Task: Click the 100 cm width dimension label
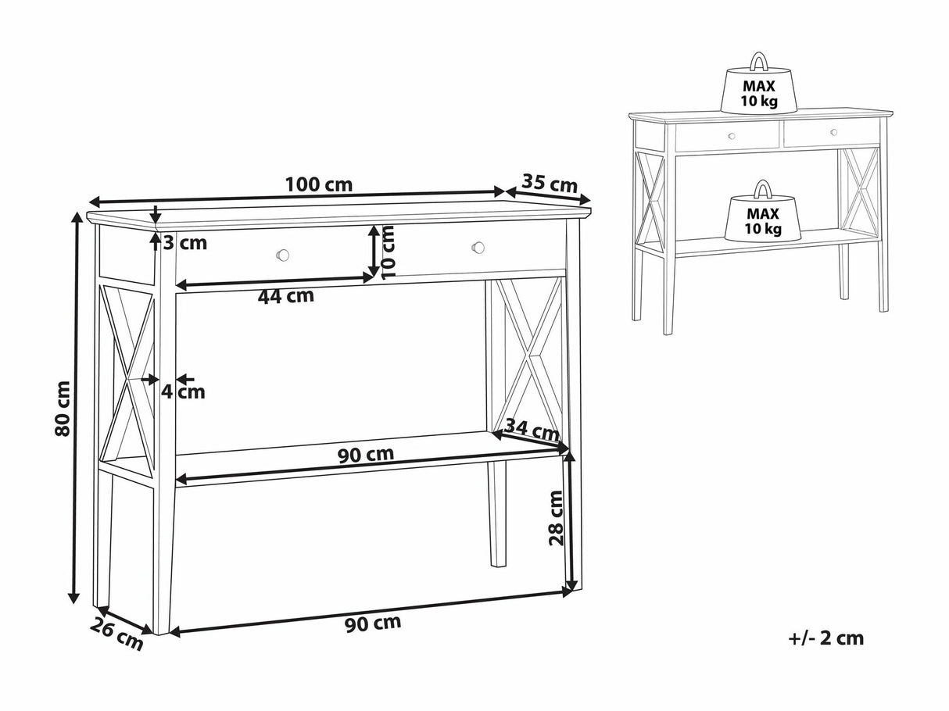[319, 185]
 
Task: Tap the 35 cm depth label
[550, 184]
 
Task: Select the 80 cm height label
[63, 408]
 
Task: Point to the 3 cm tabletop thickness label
[185, 243]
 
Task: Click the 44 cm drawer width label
[286, 296]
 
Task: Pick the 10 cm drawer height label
[389, 252]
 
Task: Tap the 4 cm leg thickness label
[184, 392]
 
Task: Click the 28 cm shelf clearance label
[556, 518]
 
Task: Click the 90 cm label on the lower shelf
[366, 455]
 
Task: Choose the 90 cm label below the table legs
[373, 623]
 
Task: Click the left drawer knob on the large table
[283, 255]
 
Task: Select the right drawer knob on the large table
[478, 248]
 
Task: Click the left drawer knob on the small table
[732, 136]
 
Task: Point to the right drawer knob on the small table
[834, 132]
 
